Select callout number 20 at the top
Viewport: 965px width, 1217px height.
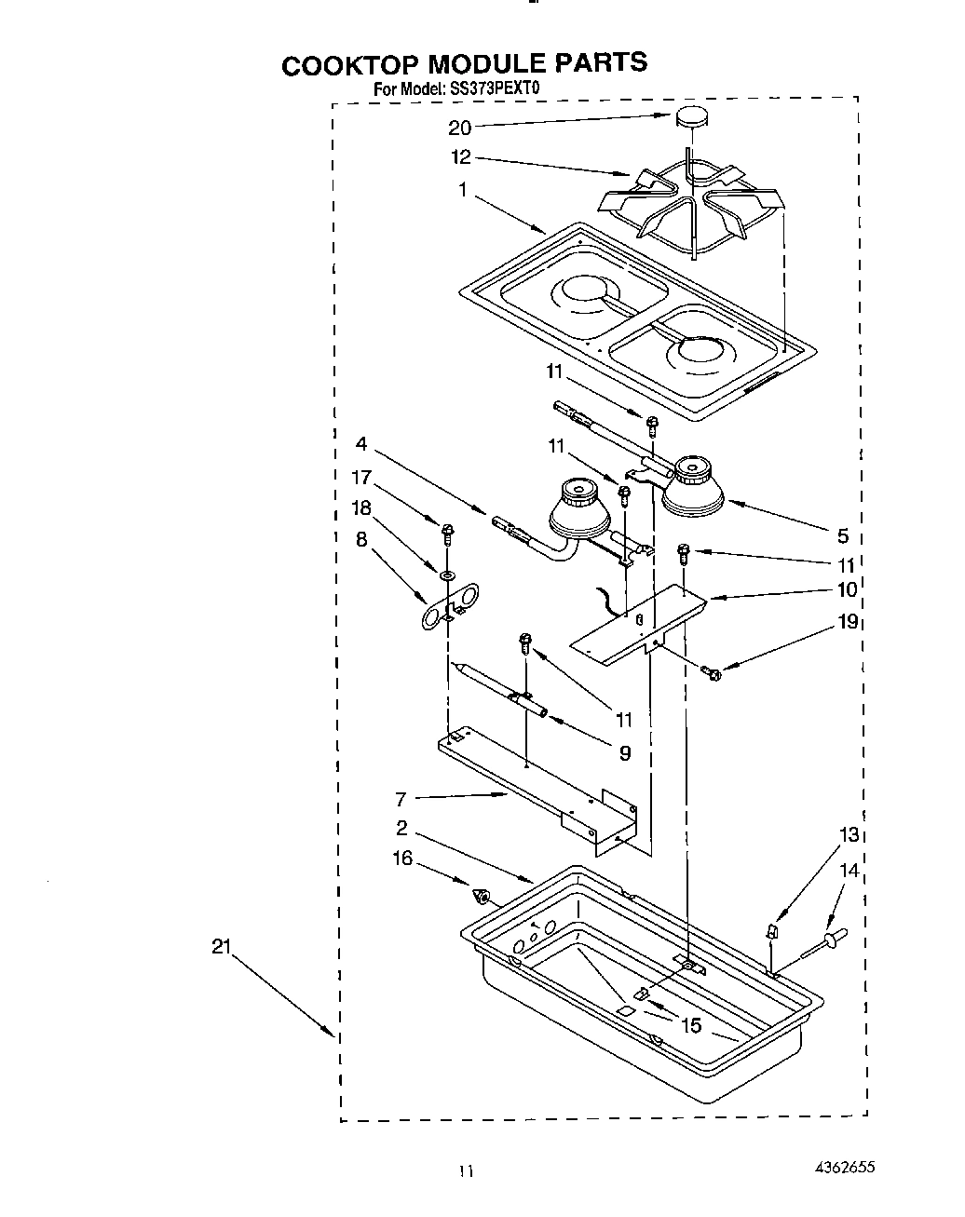pos(460,128)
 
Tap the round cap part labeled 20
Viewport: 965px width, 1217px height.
pos(690,117)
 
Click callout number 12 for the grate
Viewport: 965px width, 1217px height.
pos(461,157)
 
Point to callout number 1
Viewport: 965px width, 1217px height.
pos(463,191)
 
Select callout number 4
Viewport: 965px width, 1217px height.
pos(361,443)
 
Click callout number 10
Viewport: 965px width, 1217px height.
pos(846,589)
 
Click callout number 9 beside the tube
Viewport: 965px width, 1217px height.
pos(624,753)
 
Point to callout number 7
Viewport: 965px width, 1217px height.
pos(401,798)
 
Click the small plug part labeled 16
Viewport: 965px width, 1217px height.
pos(482,897)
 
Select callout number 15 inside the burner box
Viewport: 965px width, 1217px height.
pos(691,1025)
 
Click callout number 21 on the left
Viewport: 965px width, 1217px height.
pos(220,947)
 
